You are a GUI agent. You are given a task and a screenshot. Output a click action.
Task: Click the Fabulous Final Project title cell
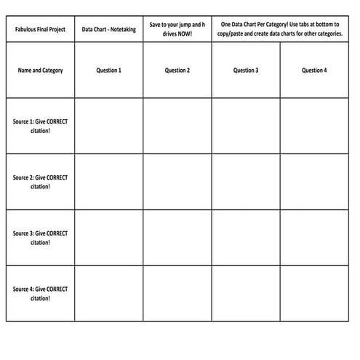pyautogui.click(x=40, y=30)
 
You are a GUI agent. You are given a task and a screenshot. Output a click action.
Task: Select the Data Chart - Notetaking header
pyautogui.click(x=108, y=30)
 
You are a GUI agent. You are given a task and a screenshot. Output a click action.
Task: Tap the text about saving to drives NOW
pyautogui.click(x=177, y=29)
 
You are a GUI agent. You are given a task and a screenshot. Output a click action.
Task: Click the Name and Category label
pyautogui.click(x=40, y=71)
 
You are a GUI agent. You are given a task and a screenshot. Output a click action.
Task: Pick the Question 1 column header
pyautogui.click(x=108, y=71)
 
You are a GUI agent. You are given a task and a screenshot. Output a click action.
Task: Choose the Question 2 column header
pyautogui.click(x=177, y=71)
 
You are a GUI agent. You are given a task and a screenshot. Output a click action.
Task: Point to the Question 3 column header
pyautogui.click(x=245, y=71)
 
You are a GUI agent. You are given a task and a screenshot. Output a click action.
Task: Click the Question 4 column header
pyautogui.click(x=313, y=71)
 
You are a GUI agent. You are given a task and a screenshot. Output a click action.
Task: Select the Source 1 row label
pyautogui.click(x=40, y=126)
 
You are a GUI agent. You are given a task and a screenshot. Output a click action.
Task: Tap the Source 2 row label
pyautogui.click(x=40, y=182)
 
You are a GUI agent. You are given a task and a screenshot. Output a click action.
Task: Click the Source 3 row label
pyautogui.click(x=40, y=238)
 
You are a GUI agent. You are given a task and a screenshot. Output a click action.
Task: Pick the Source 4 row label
pyautogui.click(x=40, y=293)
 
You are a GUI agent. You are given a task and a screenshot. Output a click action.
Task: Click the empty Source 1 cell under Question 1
pyautogui.click(x=108, y=126)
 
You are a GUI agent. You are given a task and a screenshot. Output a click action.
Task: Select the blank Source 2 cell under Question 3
pyautogui.click(x=245, y=182)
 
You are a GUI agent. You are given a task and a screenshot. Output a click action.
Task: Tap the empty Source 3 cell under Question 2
pyautogui.click(x=177, y=238)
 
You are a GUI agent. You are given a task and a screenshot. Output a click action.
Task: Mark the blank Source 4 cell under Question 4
pyautogui.click(x=313, y=293)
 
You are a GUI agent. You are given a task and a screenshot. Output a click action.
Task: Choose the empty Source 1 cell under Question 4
pyautogui.click(x=313, y=126)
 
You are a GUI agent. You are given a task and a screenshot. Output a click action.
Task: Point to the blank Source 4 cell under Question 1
pyautogui.click(x=108, y=293)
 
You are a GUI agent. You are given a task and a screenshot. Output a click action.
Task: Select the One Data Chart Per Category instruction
pyautogui.click(x=279, y=29)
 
